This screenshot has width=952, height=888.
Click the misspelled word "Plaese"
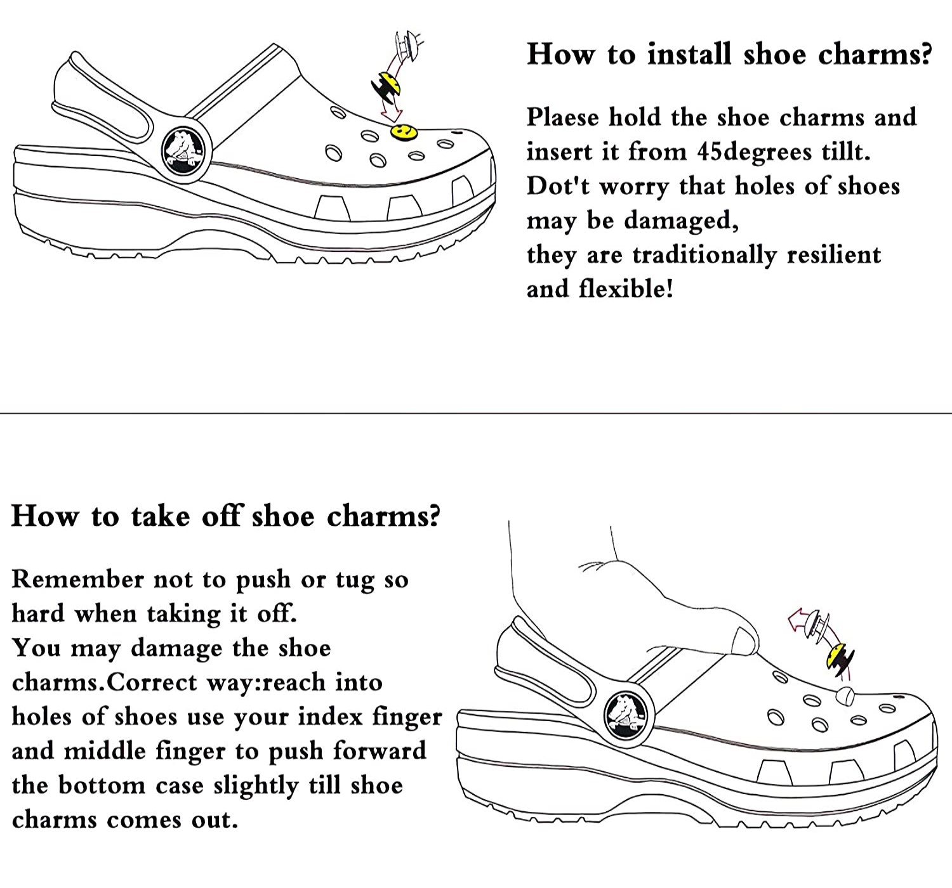(562, 118)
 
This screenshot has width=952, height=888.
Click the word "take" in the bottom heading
(160, 516)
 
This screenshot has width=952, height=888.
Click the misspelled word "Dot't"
(557, 186)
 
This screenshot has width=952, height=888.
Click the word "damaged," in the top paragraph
(681, 221)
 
